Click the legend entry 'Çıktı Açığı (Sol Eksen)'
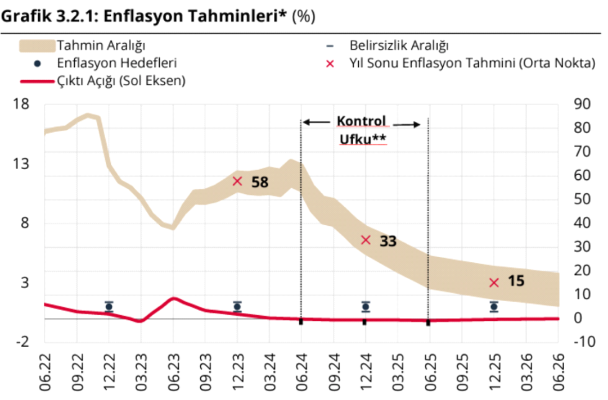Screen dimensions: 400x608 (121, 81)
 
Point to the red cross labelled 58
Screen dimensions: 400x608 (237, 181)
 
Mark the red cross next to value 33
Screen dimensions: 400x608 (366, 240)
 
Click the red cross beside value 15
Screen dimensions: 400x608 (494, 283)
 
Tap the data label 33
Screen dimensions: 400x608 (388, 242)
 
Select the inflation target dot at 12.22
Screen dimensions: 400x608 (109, 306)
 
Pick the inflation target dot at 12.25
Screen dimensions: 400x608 (494, 306)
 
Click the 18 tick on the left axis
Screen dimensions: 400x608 (22, 104)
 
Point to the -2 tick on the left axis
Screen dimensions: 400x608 (22, 342)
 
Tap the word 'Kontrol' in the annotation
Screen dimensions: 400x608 (361, 121)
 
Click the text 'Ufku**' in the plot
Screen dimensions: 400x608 (362, 139)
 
